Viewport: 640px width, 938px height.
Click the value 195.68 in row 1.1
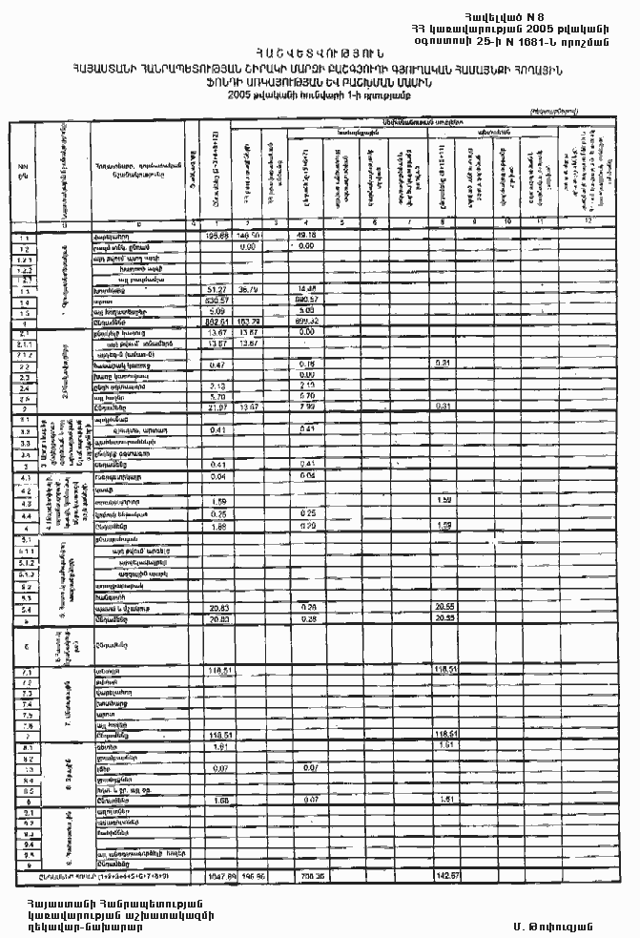click(219, 234)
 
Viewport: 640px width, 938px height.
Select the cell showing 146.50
click(249, 234)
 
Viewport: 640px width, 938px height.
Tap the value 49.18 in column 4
click(306, 234)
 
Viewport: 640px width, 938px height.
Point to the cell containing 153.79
click(249, 323)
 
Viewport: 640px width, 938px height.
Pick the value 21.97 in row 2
click(219, 408)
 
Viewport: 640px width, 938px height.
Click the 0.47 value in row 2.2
click(218, 365)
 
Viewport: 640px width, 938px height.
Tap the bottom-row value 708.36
click(308, 874)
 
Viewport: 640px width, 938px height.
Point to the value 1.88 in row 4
click(219, 525)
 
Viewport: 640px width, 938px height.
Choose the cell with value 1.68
click(219, 799)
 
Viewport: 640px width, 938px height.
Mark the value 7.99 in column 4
click(306, 408)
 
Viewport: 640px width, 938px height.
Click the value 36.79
click(249, 288)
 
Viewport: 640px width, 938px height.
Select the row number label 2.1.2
click(22, 354)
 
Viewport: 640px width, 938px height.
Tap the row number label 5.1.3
click(22, 574)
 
